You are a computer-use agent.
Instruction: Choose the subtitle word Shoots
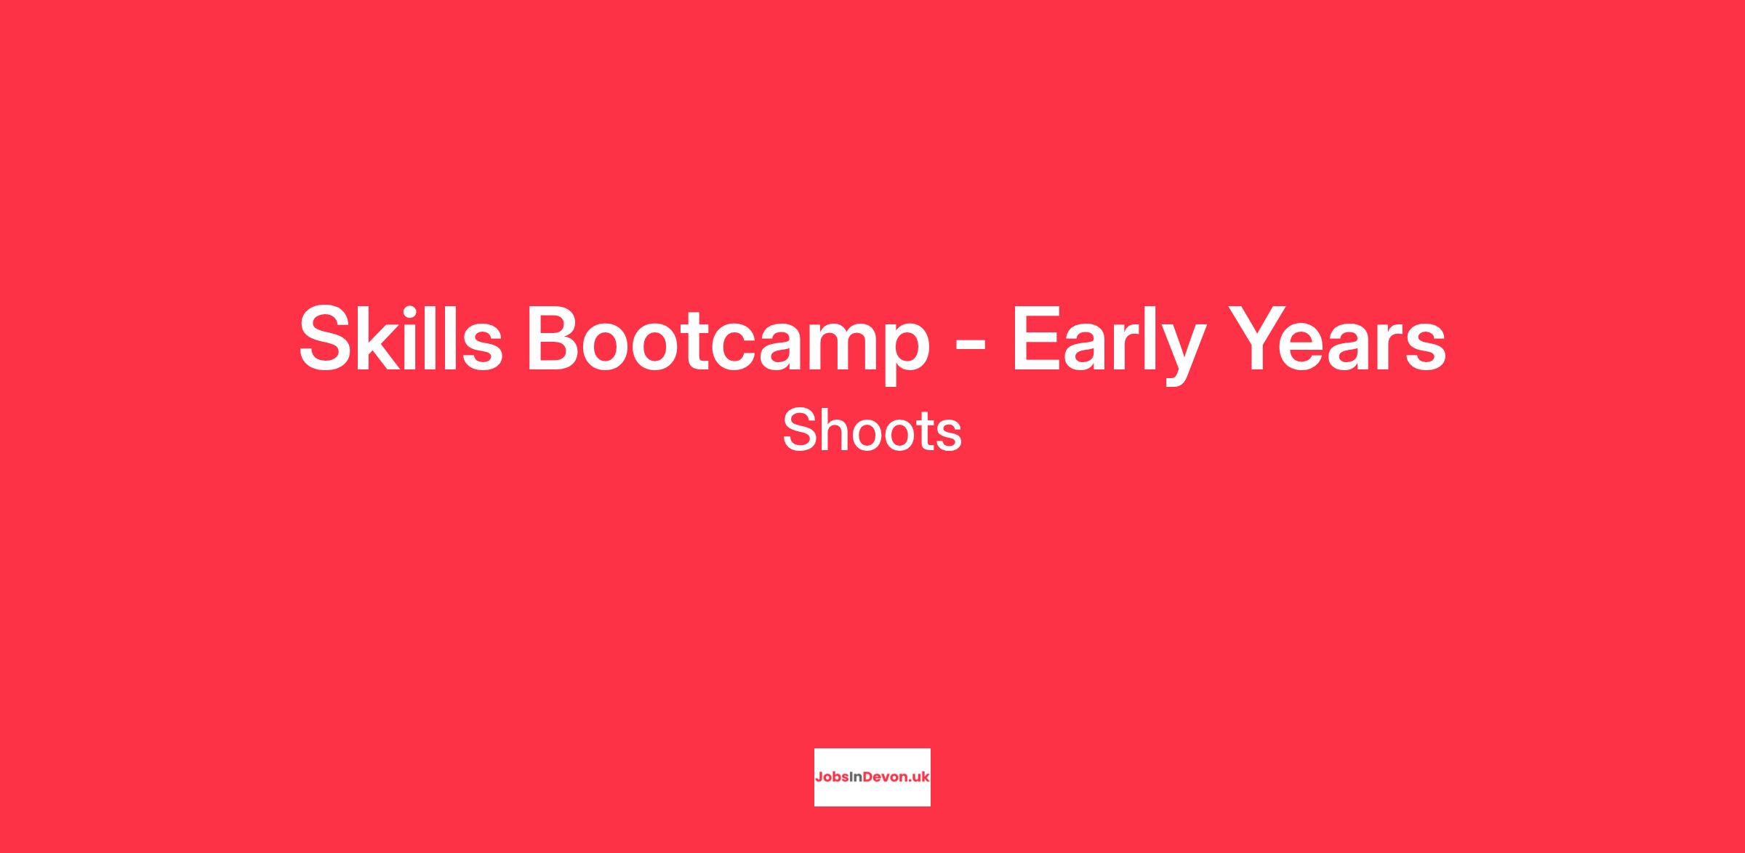pyautogui.click(x=872, y=430)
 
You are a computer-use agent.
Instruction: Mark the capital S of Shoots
pyautogui.click(x=799, y=430)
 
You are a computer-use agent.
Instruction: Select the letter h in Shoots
pyautogui.click(x=835, y=430)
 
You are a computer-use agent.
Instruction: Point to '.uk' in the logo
pyautogui.click(x=918, y=777)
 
